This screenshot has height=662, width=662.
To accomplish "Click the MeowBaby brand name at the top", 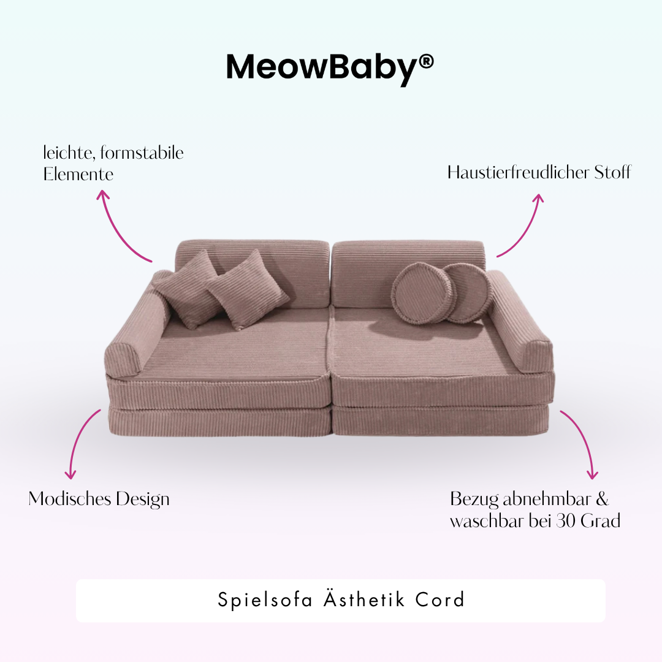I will (x=322, y=67).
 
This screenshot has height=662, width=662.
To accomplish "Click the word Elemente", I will (x=78, y=174).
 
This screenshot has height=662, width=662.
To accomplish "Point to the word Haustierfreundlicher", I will (x=519, y=173).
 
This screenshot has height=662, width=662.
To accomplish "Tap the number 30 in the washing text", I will (x=566, y=521).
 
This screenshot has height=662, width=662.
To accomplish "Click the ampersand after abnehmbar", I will (x=602, y=499).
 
